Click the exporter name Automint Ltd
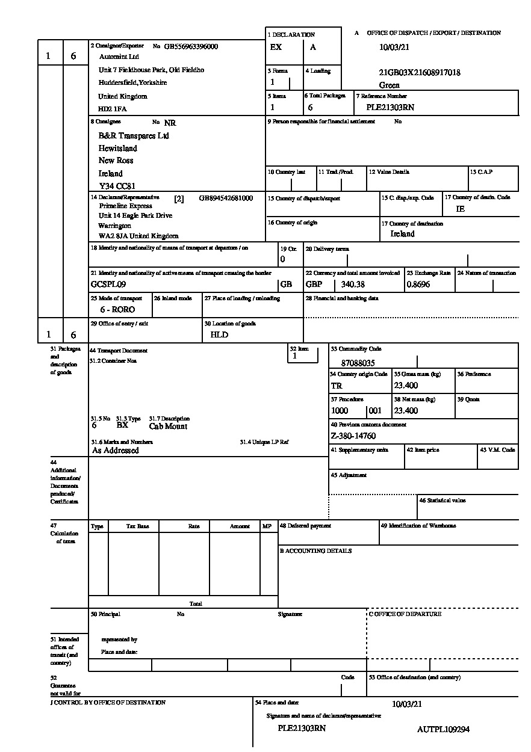(119, 57)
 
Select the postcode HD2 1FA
(113, 109)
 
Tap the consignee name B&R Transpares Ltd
(134, 136)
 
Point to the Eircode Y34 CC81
(117, 186)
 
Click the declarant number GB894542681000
(226, 198)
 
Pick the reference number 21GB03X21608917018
(420, 73)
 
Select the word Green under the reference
(390, 85)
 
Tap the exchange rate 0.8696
(418, 285)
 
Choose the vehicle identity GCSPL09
(108, 285)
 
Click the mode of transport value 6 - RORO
(117, 310)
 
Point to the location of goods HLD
(219, 335)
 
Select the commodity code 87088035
(358, 363)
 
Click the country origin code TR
(337, 386)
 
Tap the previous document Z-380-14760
(353, 436)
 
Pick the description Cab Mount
(168, 427)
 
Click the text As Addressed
(116, 451)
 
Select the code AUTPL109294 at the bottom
(443, 730)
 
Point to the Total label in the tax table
(196, 603)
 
